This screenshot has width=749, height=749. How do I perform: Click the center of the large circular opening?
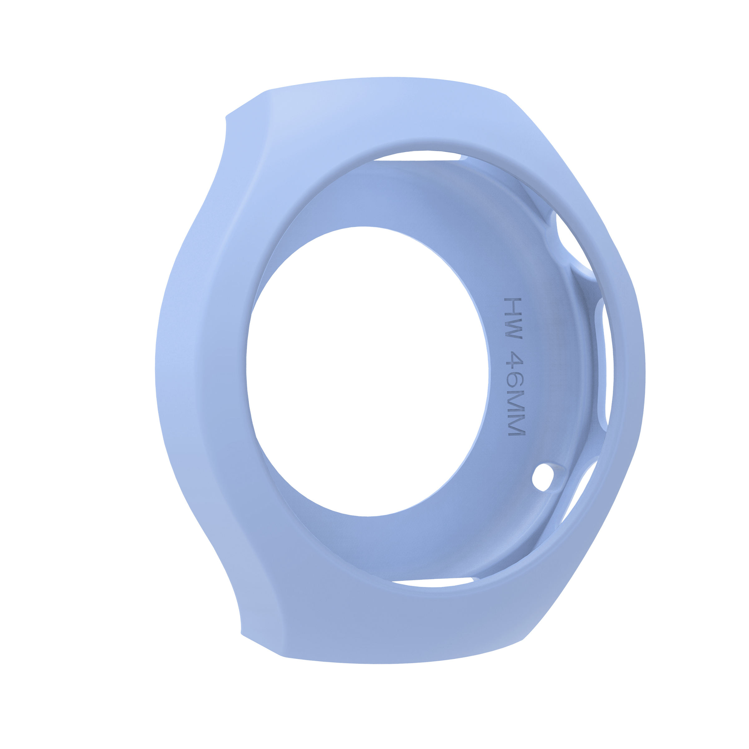tap(368, 371)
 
